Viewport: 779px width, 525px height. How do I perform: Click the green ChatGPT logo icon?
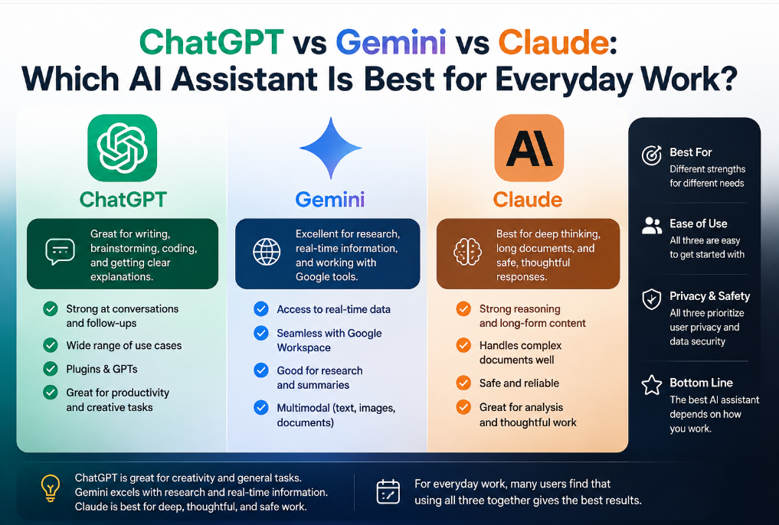(123, 148)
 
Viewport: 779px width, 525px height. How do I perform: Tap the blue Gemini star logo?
(331, 148)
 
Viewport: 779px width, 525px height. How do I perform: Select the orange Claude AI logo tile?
(529, 148)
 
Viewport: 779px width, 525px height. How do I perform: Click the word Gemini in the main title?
(391, 42)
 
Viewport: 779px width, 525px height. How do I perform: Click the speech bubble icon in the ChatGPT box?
(60, 252)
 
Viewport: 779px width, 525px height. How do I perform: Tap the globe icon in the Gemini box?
(267, 252)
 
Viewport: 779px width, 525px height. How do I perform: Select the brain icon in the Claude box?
(467, 252)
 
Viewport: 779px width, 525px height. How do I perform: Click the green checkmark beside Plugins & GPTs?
(51, 369)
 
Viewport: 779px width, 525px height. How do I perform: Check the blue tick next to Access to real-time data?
(261, 309)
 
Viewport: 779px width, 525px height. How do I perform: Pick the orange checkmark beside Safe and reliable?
(463, 383)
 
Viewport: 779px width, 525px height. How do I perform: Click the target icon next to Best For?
(652, 155)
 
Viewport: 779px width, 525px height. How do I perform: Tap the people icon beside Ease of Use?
(652, 226)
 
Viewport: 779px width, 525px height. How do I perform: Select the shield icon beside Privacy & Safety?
(652, 299)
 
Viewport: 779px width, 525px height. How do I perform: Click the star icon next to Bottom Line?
(652, 385)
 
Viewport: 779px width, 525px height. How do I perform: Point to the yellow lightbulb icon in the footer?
(51, 487)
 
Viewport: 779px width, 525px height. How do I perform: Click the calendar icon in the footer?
(388, 492)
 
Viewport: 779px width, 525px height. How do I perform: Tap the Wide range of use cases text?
(124, 345)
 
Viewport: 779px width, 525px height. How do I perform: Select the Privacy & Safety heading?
(709, 296)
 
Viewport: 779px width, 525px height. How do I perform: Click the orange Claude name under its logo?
(528, 200)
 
